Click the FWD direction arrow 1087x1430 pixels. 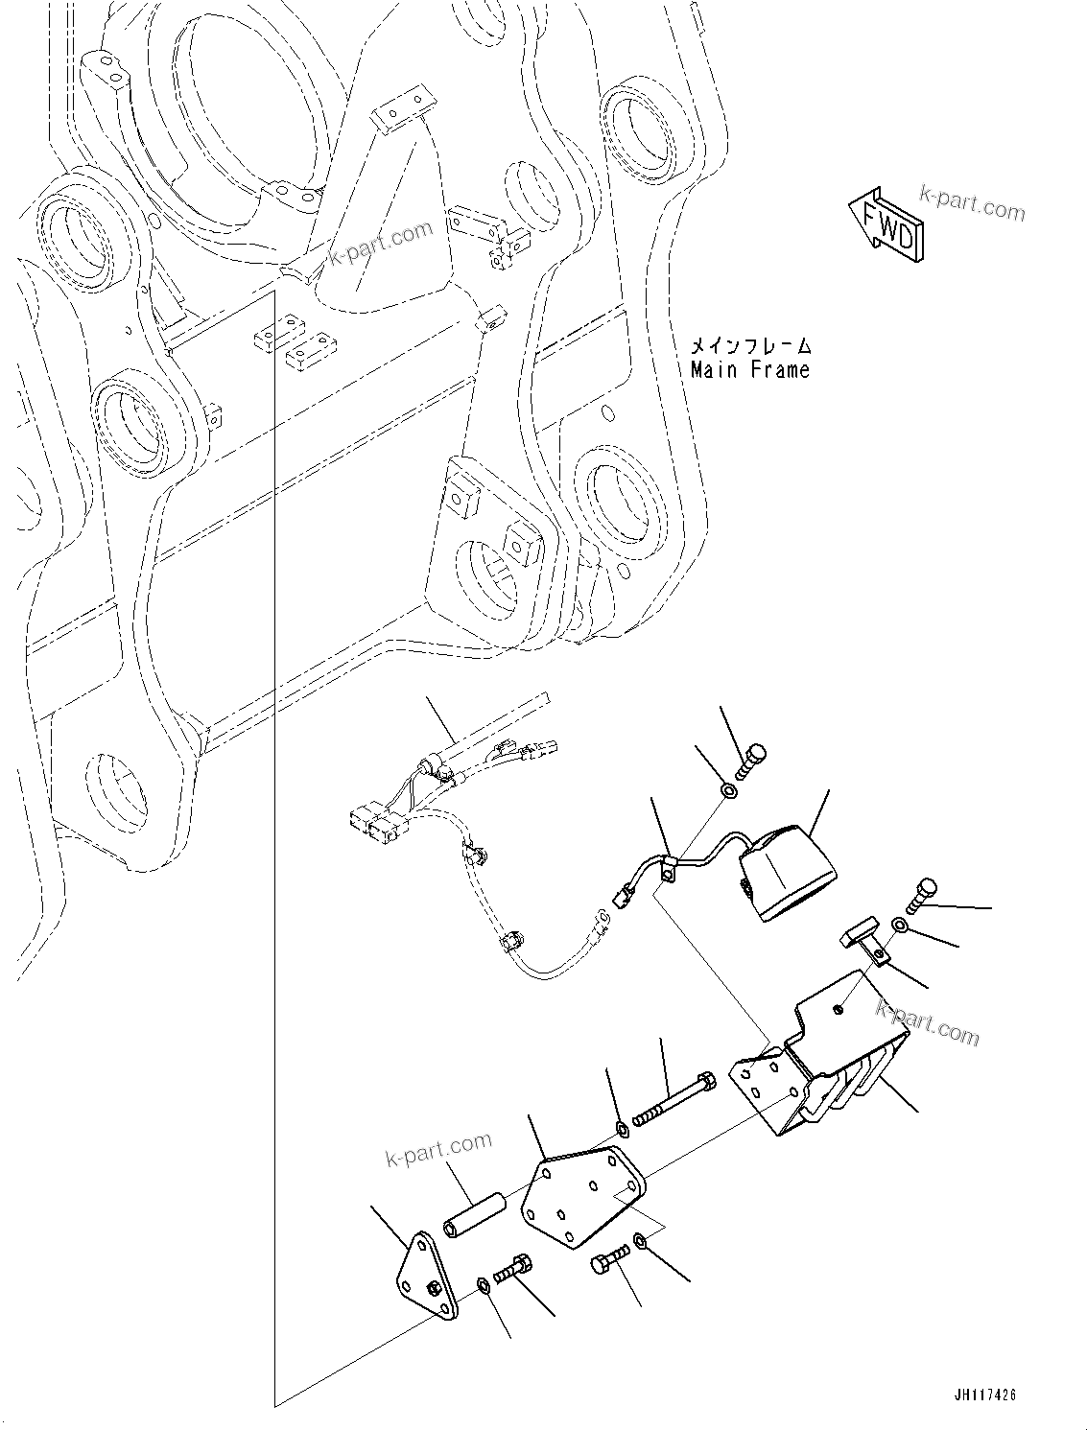pyautogui.click(x=885, y=222)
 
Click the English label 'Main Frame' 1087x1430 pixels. pyautogui.click(x=749, y=369)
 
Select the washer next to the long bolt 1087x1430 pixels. pyautogui.click(x=622, y=1128)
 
